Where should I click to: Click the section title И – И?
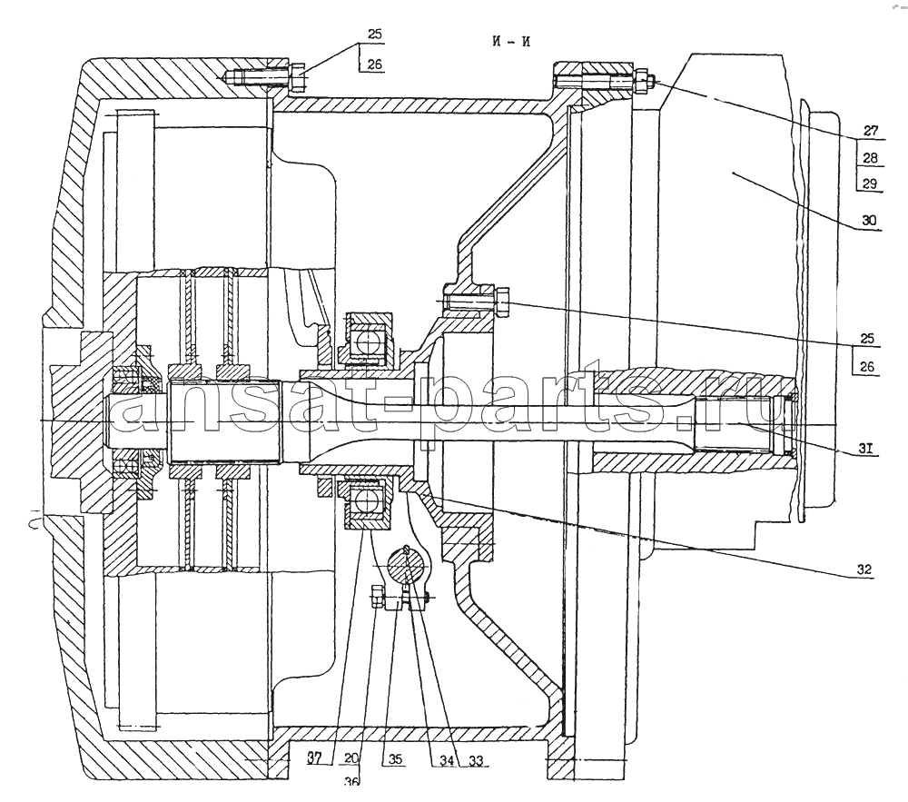[510, 42]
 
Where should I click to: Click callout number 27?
[871, 131]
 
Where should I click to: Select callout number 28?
[870, 157]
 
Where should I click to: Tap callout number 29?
[870, 184]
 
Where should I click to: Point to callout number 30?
[869, 220]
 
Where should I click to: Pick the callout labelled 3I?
[865, 449]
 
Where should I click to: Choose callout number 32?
[864, 569]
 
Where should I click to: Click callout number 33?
[476, 760]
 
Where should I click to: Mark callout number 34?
[447, 760]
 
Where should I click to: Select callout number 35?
[396, 759]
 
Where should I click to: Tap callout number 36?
[351, 782]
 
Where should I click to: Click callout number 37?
[314, 758]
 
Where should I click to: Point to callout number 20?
[351, 758]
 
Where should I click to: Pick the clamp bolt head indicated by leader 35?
[377, 597]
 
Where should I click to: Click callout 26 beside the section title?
[375, 64]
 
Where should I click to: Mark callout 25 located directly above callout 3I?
[867, 338]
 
